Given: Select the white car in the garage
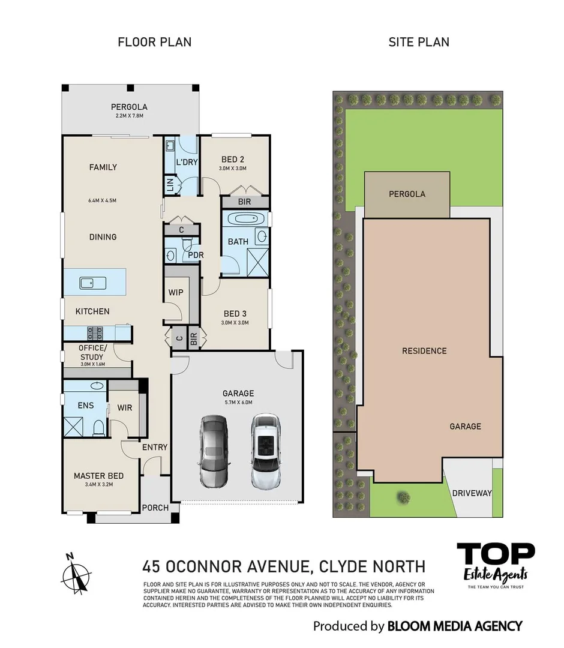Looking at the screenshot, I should tap(266, 445).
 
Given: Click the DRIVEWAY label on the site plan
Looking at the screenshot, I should tap(472, 493).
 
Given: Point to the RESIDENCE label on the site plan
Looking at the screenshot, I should tap(424, 350).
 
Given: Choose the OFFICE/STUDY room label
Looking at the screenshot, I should tap(92, 352).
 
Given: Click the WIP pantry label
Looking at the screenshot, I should tap(176, 292).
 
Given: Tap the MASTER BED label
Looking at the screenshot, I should tap(98, 476).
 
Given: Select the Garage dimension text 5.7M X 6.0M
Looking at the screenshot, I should tap(239, 403).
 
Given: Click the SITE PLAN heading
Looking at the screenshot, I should tap(419, 42).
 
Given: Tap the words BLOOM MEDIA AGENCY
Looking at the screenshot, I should tap(454, 626).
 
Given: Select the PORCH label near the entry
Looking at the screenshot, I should tap(155, 508).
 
